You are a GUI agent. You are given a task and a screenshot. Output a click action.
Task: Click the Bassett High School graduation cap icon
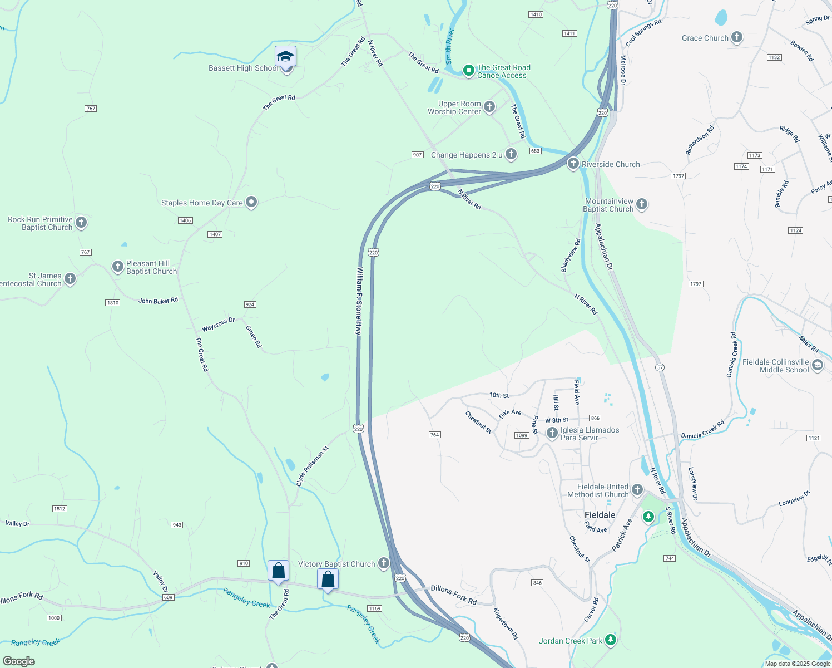285,57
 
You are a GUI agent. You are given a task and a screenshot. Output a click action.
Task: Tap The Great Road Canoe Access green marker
468,71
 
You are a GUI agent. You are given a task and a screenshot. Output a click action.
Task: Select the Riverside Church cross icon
573,164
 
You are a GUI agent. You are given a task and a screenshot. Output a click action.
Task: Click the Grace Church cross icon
737,37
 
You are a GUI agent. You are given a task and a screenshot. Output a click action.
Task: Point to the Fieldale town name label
600,515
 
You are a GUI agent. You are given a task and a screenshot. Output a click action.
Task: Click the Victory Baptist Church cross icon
384,563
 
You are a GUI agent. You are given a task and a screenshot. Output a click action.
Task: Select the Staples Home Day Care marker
251,202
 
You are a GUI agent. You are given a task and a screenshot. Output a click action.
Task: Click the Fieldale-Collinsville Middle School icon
818,365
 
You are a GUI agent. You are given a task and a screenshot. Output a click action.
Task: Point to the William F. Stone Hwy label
359,301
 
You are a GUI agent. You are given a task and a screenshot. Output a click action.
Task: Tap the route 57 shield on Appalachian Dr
660,367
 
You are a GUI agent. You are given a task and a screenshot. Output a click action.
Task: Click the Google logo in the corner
18,661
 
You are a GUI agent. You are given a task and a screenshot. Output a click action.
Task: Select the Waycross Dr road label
218,325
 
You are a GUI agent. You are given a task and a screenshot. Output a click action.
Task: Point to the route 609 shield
169,597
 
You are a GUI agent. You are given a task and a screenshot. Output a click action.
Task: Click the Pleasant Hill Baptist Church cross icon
118,267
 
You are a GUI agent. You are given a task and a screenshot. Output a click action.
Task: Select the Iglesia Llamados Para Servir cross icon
552,433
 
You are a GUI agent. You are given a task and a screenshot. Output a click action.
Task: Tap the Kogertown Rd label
506,623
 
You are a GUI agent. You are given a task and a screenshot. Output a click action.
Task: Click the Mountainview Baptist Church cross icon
642,204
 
